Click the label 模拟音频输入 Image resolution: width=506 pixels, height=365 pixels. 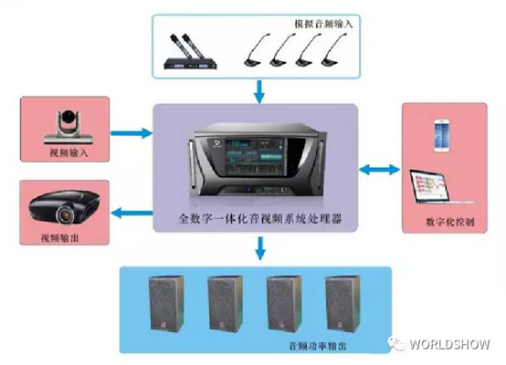pos(323,24)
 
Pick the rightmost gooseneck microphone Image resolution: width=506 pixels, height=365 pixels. pos(334,49)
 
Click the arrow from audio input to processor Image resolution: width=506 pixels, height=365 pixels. pos(259,91)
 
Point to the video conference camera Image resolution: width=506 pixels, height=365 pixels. pos(69,128)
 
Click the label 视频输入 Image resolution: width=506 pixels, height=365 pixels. pos(69,152)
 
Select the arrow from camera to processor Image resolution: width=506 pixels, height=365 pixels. pos(132,133)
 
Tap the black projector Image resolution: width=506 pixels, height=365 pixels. pos(65,206)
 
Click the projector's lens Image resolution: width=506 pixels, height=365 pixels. pos(67,214)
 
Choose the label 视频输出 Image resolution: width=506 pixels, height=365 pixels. pos(60,238)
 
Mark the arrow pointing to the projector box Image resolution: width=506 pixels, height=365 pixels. pos(132,213)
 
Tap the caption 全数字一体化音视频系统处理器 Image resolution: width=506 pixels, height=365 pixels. pos(260,219)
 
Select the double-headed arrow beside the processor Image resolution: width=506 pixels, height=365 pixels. pos(380,170)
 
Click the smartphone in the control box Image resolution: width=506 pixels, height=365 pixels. pos(442,135)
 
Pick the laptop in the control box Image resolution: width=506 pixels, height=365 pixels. pos(440,187)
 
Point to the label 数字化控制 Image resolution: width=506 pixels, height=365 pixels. pos(450,222)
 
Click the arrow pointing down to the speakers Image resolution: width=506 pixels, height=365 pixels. pos(260,248)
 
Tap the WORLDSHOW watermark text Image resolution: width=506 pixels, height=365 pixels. pos(450,344)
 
